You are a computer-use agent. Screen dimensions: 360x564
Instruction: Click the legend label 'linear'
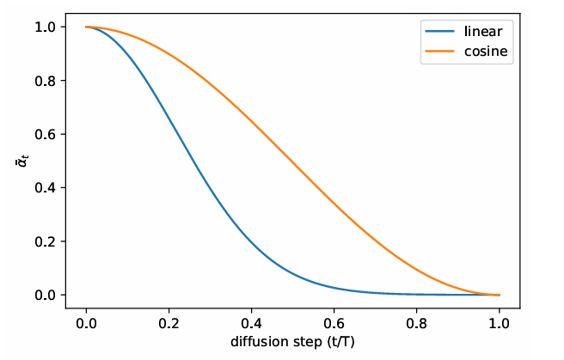tap(479, 33)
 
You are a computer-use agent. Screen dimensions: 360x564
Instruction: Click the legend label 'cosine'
tap(481, 53)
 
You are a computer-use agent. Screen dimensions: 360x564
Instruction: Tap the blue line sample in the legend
tap(437, 33)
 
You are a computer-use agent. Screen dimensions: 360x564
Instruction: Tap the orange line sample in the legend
tap(437, 53)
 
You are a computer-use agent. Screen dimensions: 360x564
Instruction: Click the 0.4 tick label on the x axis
tap(252, 323)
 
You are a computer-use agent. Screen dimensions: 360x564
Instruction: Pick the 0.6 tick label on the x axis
tap(334, 323)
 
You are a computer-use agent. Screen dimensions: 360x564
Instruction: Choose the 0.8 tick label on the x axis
tap(417, 323)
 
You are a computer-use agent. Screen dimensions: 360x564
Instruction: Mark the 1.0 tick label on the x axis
tap(500, 323)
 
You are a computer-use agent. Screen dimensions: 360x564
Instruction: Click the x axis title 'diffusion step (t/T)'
tap(293, 341)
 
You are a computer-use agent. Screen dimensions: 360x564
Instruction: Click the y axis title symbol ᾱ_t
tap(23, 162)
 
